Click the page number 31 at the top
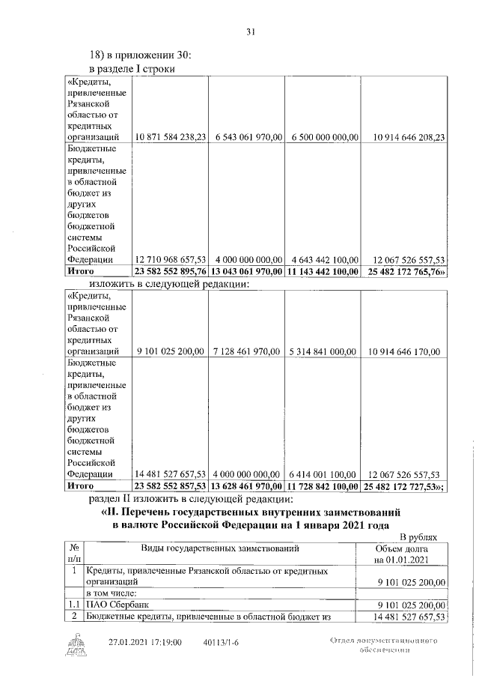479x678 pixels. point(251,31)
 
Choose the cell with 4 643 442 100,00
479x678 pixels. point(323,259)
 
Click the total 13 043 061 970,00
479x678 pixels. point(247,271)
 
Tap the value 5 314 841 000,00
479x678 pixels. point(323,351)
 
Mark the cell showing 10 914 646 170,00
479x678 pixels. point(403,351)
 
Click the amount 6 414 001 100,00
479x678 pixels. point(323,473)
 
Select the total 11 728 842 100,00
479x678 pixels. point(323,485)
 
